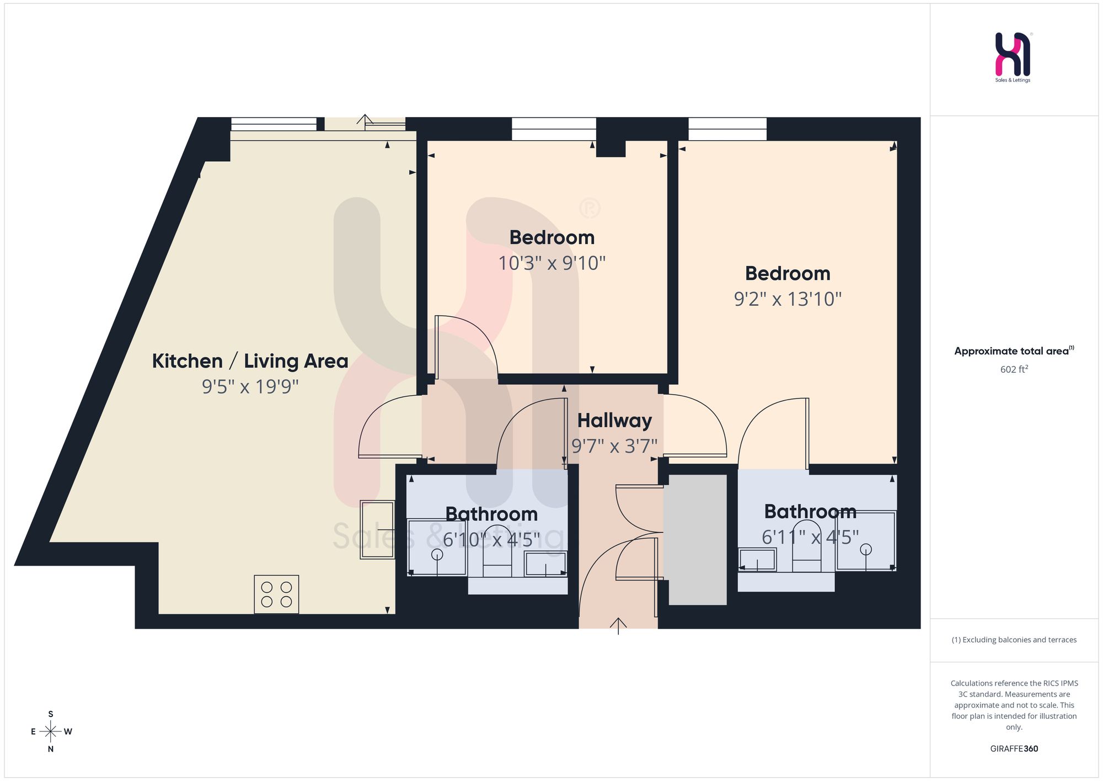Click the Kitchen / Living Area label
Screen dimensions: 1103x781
click(250, 361)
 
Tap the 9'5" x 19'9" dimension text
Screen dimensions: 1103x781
click(250, 386)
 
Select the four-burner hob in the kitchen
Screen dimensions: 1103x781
click(276, 594)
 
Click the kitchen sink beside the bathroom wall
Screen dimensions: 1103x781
click(377, 530)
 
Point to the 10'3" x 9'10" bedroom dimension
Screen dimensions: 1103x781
click(551, 263)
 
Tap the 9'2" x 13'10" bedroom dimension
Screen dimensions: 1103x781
click(788, 299)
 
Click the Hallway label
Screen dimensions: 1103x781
click(614, 421)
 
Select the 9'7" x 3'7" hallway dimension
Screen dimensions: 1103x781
click(614, 446)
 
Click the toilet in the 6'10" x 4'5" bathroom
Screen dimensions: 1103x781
click(497, 552)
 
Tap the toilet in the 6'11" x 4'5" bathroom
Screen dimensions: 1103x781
click(807, 549)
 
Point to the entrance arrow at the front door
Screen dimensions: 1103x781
click(618, 626)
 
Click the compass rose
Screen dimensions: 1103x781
click(51, 732)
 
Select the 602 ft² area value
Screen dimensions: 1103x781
click(1014, 369)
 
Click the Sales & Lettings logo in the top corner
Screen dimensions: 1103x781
click(1013, 57)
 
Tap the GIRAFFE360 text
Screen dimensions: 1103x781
click(1014, 749)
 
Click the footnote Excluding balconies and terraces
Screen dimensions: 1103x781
click(1014, 640)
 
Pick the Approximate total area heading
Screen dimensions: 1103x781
click(1014, 351)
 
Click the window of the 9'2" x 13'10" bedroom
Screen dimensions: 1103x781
click(727, 129)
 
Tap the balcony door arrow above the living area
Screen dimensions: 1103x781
click(365, 120)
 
